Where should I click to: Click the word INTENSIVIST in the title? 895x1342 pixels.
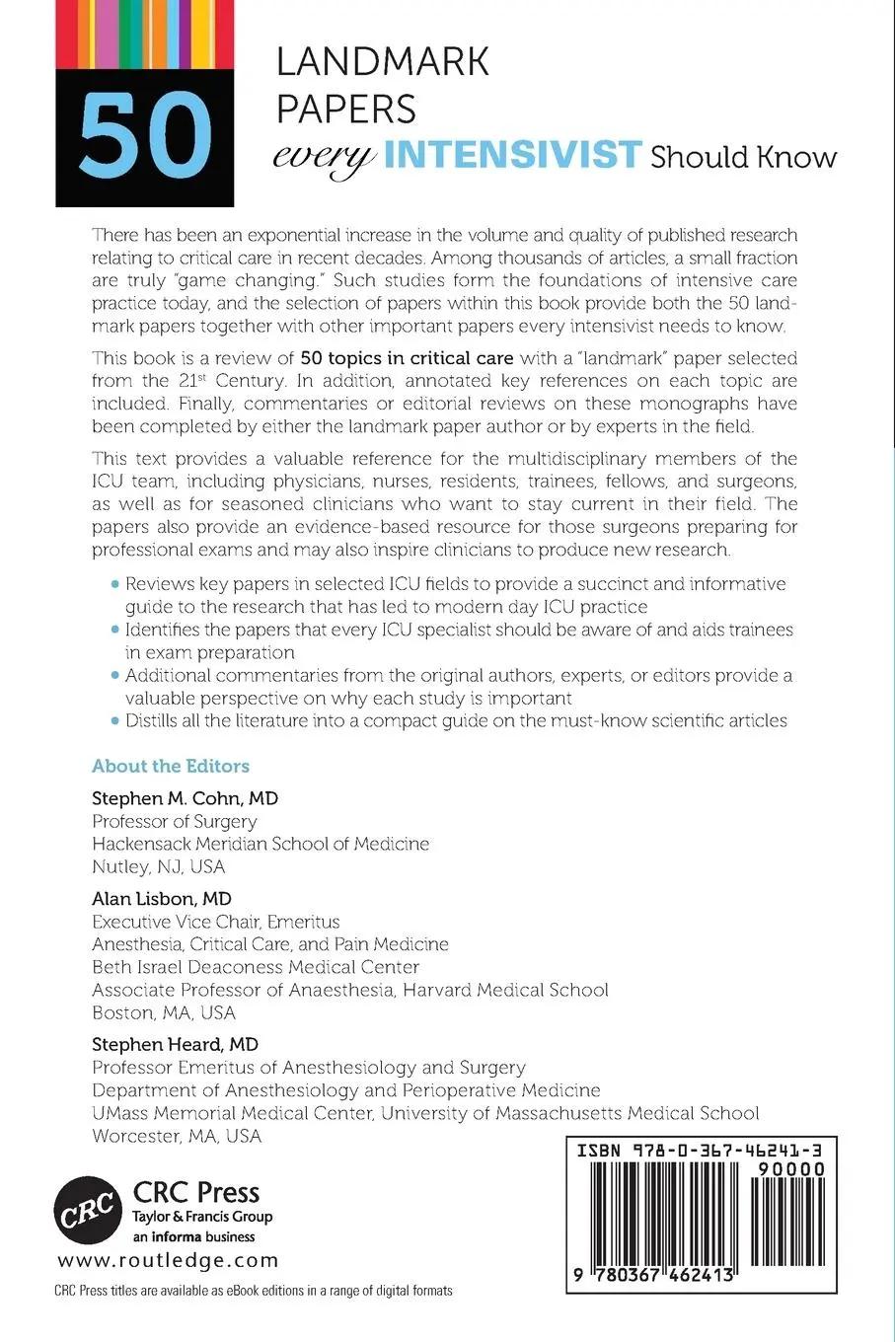click(513, 156)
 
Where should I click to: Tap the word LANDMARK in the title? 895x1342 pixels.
click(382, 62)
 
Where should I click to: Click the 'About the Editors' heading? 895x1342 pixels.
click(171, 766)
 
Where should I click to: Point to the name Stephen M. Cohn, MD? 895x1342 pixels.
click(185, 798)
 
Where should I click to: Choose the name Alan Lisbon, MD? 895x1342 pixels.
click(162, 898)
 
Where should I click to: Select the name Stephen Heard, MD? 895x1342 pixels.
click(175, 1044)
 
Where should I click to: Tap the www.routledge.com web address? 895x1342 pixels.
click(169, 1260)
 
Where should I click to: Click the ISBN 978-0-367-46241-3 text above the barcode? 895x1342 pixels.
click(700, 1151)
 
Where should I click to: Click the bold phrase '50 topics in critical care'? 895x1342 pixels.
click(407, 357)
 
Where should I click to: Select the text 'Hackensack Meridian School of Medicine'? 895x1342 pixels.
click(261, 844)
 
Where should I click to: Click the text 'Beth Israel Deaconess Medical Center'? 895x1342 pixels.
click(256, 967)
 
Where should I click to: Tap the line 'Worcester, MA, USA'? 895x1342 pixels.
click(177, 1136)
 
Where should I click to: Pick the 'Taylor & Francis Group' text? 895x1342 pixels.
click(202, 1217)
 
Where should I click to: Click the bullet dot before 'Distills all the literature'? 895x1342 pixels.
click(116, 720)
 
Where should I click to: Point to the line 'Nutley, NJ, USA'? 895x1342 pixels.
click(158, 866)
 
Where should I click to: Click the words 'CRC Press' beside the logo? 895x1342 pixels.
click(195, 1192)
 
